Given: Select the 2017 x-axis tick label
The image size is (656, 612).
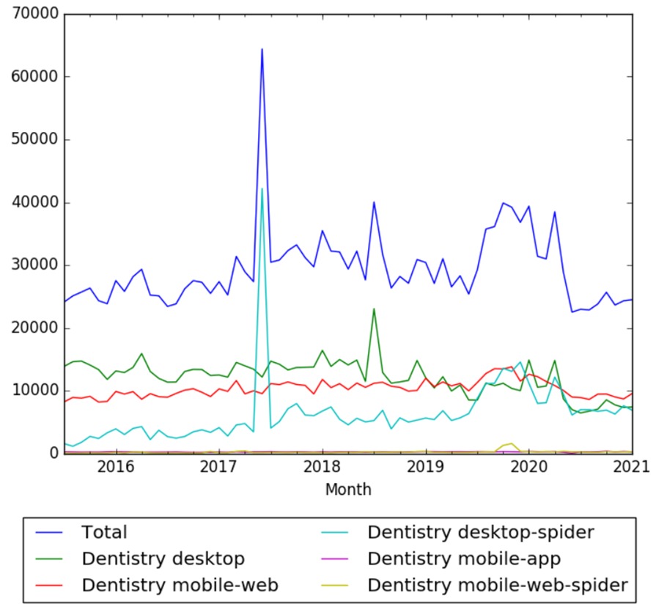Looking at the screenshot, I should tap(218, 468).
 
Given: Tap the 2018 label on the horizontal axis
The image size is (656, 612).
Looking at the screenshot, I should tap(322, 468).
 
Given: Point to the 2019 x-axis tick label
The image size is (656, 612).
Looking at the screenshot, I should tap(426, 468).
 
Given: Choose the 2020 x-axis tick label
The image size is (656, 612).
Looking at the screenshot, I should tap(529, 468).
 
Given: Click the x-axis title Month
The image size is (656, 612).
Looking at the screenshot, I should tap(348, 489).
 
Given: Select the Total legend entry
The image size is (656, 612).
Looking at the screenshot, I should tap(104, 532).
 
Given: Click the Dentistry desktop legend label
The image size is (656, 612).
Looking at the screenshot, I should tap(163, 558).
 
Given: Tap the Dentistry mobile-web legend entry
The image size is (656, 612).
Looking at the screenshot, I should tap(180, 585).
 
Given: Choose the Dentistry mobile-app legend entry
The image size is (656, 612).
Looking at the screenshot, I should tap(464, 558).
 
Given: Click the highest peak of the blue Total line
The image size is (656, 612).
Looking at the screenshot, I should tap(262, 49).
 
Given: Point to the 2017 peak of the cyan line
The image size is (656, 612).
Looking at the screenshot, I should tap(262, 189).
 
